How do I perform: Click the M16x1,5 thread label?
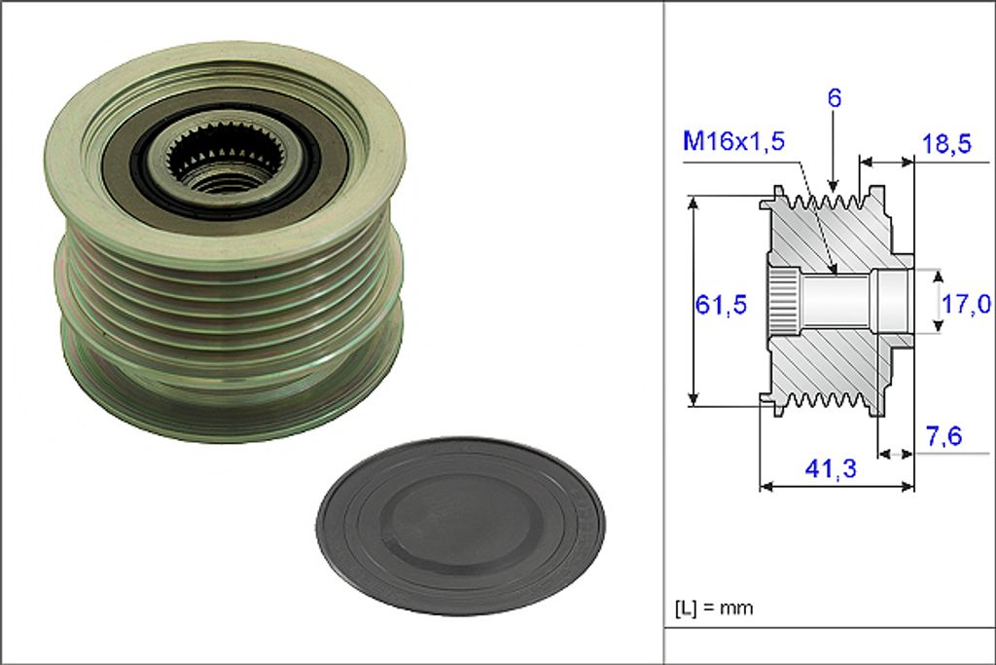coord(733,140)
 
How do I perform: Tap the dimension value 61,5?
coord(721,305)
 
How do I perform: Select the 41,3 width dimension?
coord(831,469)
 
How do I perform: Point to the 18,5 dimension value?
coord(946,144)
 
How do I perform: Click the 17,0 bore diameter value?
coord(966,305)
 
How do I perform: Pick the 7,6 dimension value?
coord(943,436)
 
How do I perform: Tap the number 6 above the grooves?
coord(834,98)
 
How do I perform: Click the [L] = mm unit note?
coord(714,608)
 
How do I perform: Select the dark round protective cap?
coord(460,525)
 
